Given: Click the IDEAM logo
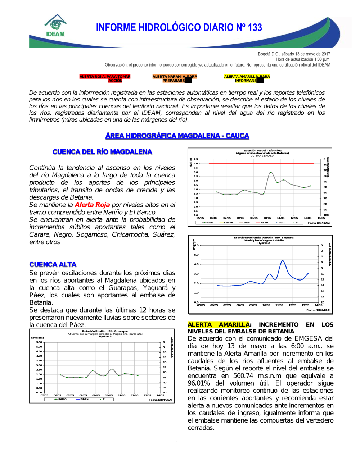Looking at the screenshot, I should coord(55,26).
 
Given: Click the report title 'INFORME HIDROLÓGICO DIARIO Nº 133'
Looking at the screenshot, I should coord(179,28).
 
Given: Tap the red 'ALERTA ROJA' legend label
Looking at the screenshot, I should coord(105,78).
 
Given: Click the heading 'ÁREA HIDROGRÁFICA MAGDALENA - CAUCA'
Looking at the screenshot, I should coord(177,136).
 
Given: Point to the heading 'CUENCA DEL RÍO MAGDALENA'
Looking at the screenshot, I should coord(102,152).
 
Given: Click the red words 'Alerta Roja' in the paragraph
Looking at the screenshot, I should coord(92,205).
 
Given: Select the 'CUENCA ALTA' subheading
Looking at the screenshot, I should coord(53,264).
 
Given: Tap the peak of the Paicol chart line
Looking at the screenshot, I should coord(271,172).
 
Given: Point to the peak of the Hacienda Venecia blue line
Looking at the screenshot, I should coord(283,261).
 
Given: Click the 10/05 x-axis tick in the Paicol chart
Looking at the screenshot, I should coord(267,218).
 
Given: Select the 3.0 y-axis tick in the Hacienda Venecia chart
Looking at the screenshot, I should coord(196,274).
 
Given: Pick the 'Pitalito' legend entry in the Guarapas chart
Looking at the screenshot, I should coord(85,399).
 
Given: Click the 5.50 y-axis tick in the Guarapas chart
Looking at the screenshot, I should coord(39,342).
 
